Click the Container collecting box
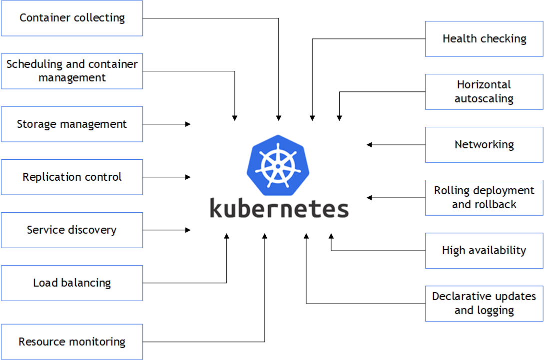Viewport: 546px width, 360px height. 72,18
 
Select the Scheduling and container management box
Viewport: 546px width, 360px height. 72,71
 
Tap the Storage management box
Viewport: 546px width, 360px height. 72,124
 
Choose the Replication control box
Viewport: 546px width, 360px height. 72,177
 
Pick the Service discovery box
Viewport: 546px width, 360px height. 72,230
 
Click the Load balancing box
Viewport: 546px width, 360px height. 72,283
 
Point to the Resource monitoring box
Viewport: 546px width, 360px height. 72,342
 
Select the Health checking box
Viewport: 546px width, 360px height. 484,38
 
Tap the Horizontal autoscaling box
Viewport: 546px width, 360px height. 484,91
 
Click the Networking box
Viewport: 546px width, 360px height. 484,144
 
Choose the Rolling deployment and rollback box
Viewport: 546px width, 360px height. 484,197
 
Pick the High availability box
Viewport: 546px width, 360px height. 484,250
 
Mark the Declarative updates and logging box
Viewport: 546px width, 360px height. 484,303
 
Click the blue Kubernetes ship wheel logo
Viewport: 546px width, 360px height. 275,164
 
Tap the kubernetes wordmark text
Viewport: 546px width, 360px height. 279,207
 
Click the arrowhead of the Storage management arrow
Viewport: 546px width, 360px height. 188,124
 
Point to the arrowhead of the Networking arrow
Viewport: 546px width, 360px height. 369,145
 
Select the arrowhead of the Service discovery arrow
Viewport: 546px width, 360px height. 188,230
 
